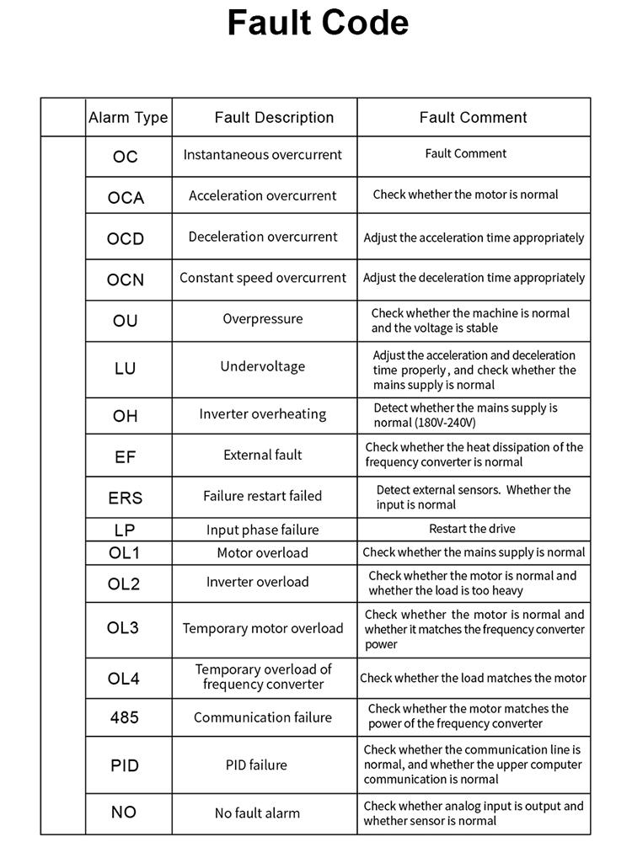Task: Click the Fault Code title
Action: click(318, 24)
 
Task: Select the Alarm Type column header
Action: click(128, 118)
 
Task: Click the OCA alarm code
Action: click(126, 198)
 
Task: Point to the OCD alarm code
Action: click(126, 239)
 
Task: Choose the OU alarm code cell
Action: click(125, 321)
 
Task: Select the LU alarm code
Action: click(125, 369)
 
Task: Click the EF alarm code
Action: click(125, 457)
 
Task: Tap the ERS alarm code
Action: click(125, 498)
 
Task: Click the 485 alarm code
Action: click(125, 718)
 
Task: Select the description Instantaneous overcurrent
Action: click(263, 155)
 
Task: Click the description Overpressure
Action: click(263, 319)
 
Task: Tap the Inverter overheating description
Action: click(263, 414)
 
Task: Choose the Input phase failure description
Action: click(263, 530)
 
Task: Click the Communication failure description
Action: click(263, 717)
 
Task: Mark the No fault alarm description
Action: click(257, 813)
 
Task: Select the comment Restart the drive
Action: click(472, 529)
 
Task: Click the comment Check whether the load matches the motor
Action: click(473, 678)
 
